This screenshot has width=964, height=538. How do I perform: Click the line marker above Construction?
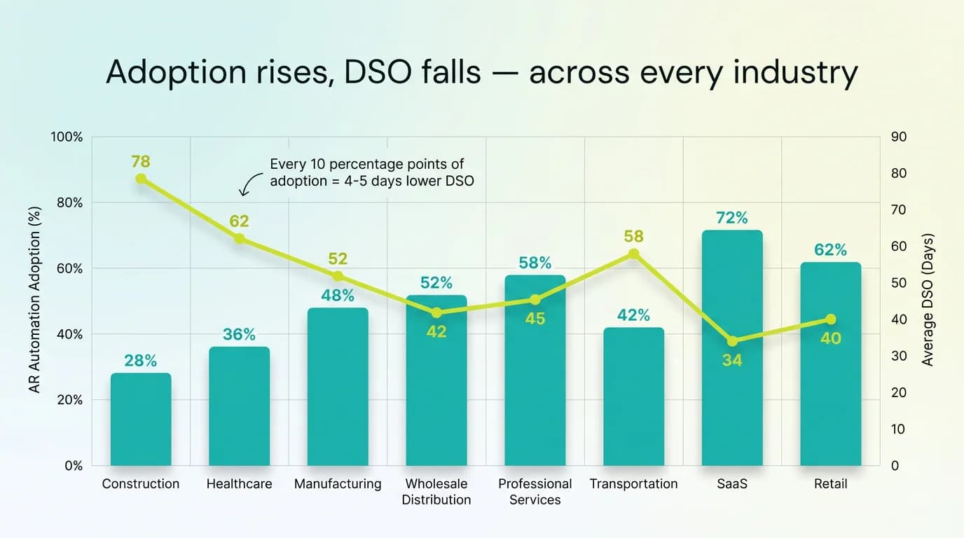coord(141,179)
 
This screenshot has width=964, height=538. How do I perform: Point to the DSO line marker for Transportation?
coord(633,254)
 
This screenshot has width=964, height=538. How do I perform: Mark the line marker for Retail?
coord(830,319)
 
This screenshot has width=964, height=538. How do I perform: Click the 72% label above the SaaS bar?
coord(732,218)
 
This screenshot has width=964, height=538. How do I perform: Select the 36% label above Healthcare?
coord(239,335)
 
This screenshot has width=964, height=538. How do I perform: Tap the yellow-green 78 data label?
coord(141,162)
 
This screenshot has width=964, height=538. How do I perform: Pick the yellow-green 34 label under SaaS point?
coord(732,361)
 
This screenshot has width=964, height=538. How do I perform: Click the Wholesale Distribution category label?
coord(436,492)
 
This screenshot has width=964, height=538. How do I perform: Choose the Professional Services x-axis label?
coord(535,492)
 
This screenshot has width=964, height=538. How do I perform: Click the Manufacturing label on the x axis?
coord(338,484)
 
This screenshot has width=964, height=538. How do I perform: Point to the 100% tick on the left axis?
coord(67,137)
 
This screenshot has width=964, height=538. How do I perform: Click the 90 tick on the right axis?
coord(898,137)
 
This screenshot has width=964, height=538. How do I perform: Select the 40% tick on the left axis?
coord(69,334)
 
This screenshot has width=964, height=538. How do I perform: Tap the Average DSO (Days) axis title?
coord(928,300)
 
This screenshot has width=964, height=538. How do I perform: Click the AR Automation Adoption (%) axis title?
coord(36,300)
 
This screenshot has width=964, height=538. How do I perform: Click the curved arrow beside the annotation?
coord(246,186)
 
